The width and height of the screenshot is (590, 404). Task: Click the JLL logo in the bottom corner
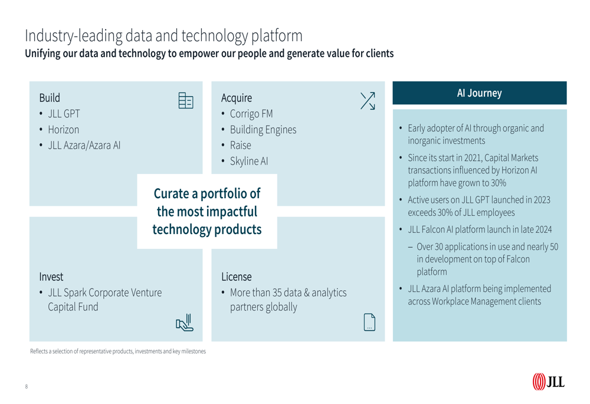click(548, 382)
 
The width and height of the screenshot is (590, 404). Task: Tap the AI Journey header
click(479, 93)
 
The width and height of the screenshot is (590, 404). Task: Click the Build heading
click(50, 98)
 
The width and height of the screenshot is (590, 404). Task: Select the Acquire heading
click(237, 98)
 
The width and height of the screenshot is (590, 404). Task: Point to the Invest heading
click(51, 277)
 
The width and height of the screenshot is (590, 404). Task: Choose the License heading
click(237, 277)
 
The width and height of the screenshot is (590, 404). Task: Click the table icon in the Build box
click(186, 100)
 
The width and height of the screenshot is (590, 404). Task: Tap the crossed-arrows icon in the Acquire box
click(368, 101)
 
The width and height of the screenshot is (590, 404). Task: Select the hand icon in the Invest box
click(185, 323)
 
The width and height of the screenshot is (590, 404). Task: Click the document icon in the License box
click(369, 322)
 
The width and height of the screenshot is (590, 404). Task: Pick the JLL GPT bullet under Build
click(64, 114)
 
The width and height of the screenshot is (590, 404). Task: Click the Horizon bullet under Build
click(64, 130)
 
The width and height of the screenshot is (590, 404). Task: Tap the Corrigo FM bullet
click(251, 114)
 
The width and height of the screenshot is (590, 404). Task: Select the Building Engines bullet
click(263, 130)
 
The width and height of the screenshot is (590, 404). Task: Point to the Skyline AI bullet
click(249, 162)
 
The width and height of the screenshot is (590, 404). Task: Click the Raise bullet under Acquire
click(241, 145)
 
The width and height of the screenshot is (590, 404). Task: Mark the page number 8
click(27, 386)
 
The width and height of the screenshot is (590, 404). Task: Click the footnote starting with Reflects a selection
click(118, 352)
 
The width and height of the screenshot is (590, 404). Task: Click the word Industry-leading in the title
click(73, 36)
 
